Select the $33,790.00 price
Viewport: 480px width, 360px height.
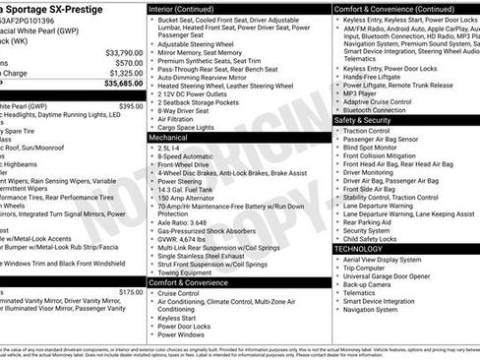coord(123,52)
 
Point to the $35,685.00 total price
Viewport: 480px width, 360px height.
coord(122,84)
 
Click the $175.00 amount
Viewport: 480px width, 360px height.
coord(131,292)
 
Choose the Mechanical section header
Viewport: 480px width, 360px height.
coord(168,138)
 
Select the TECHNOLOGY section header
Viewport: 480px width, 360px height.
coord(359,249)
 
